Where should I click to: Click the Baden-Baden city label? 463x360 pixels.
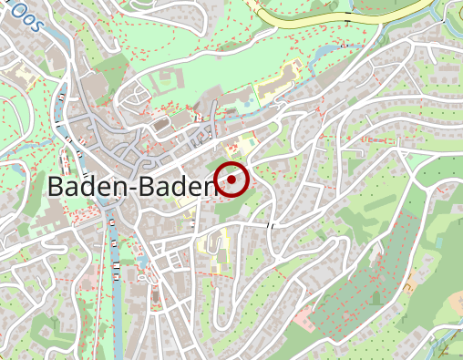(129, 186)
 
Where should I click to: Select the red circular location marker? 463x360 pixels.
(232, 180)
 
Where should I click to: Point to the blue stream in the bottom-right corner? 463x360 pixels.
(447, 345)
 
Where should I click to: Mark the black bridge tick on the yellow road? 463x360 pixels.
(348, 20)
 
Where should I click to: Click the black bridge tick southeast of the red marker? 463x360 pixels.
(270, 224)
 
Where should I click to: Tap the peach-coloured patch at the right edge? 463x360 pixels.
(456, 301)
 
